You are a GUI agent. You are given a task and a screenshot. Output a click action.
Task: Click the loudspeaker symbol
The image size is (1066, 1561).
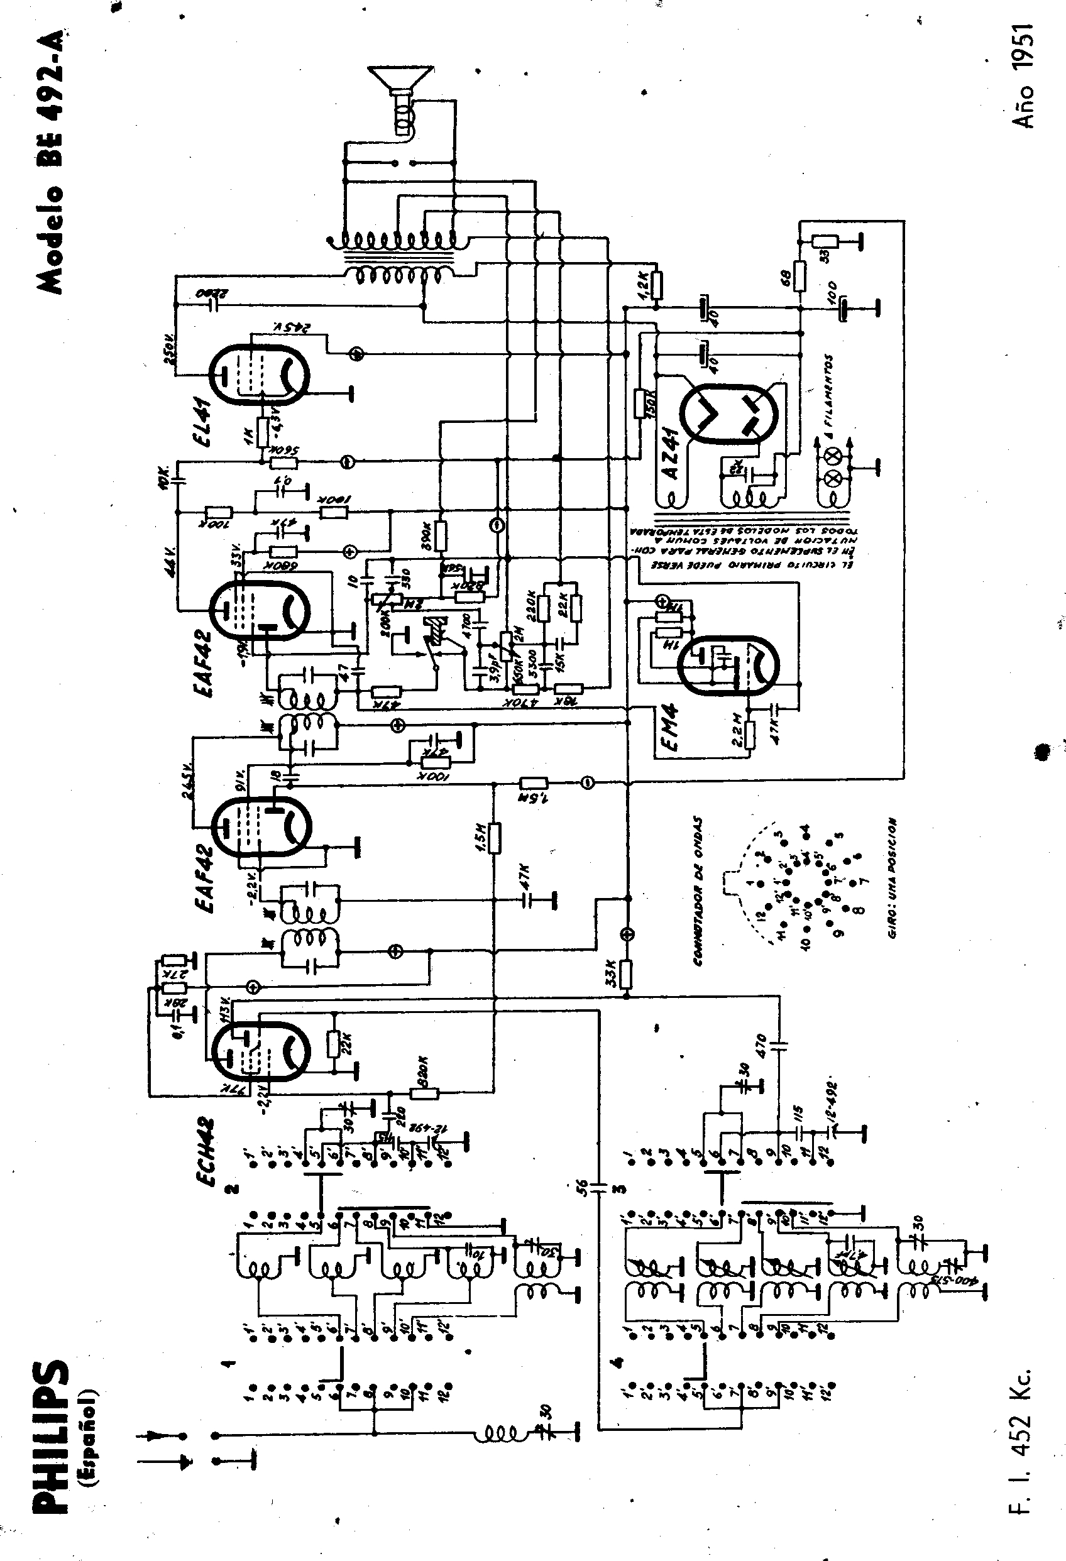tap(399, 94)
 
